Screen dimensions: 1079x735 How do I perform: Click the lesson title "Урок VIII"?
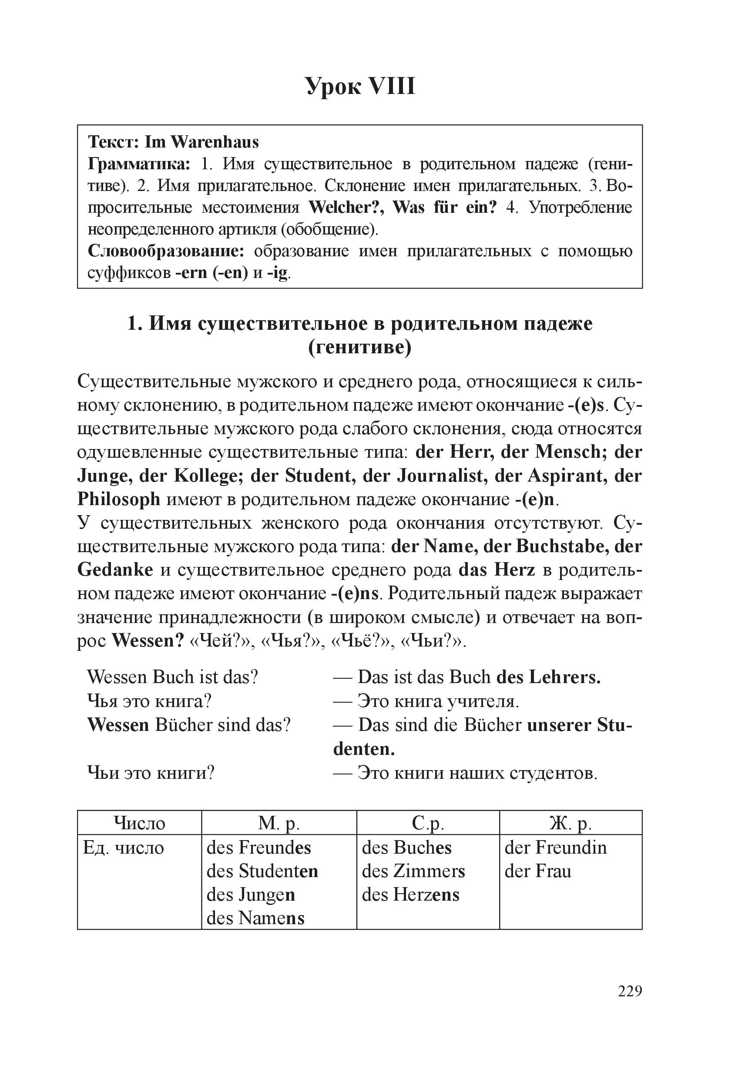coord(360,86)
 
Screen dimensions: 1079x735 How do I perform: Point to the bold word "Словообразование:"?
coord(166,251)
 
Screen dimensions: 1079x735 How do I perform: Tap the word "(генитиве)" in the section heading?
coord(360,347)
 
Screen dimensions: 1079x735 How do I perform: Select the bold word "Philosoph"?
coord(118,499)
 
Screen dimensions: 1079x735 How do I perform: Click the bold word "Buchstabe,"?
coord(561,546)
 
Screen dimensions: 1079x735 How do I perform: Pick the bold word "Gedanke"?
coord(115,570)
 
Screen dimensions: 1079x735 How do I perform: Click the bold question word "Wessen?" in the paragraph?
coord(148,641)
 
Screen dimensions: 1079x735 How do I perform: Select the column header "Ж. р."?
coord(570,823)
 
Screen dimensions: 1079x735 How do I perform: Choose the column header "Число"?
coord(139,823)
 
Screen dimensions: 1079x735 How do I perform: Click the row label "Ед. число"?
coord(123,848)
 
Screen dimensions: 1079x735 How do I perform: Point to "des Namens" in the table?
coord(255,918)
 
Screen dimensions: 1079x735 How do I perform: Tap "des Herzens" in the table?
coord(410,895)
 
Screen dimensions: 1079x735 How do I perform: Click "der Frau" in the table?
coord(538,871)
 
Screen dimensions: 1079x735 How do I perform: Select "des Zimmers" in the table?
coord(413,871)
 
